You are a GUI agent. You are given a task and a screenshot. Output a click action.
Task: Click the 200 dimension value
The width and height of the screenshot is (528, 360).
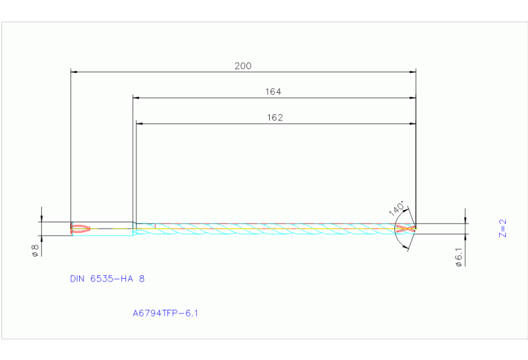point(243,66)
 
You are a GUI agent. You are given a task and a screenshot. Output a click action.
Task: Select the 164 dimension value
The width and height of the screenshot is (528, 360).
point(273,92)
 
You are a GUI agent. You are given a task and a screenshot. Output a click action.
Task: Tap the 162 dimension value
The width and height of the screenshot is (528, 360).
point(275,118)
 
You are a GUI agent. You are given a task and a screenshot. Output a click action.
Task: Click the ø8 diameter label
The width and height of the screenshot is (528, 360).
point(34,251)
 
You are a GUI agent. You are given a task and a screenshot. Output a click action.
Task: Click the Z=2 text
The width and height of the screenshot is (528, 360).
point(503,228)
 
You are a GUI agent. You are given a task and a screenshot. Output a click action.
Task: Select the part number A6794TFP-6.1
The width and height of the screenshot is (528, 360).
point(165,313)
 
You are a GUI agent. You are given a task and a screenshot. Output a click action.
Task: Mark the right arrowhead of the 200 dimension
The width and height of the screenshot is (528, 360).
point(413,71)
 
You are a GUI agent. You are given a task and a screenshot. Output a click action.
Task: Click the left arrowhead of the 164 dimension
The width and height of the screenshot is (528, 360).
point(136,98)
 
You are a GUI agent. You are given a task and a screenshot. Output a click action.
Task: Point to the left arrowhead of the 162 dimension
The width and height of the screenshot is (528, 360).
point(139,124)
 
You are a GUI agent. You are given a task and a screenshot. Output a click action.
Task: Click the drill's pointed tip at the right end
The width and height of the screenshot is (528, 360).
point(416,229)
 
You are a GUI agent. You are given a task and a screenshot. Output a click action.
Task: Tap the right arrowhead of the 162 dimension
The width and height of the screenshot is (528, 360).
point(413,124)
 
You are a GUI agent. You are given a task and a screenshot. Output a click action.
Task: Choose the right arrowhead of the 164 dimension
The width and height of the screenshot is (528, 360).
point(413,98)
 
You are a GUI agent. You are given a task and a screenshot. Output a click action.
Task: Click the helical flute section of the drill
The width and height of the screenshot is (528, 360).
point(275,228)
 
